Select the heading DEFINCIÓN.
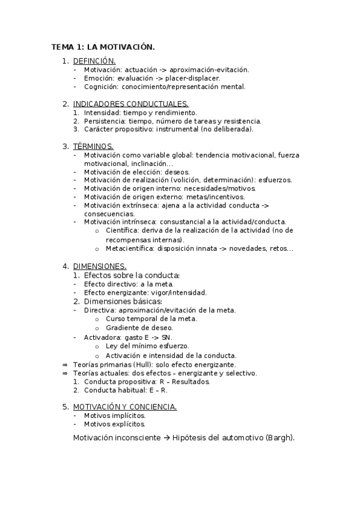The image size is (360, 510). click(x=94, y=61)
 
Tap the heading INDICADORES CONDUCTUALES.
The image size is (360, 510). click(x=130, y=103)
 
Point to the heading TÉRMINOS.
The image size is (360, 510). click(x=93, y=146)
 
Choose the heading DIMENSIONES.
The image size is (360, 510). click(x=99, y=266)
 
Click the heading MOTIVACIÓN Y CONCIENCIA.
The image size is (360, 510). click(x=124, y=407)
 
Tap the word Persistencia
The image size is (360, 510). click(x=103, y=120)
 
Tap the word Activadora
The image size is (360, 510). click(x=102, y=337)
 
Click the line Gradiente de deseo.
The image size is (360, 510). click(x=139, y=328)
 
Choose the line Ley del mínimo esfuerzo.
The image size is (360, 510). click(x=147, y=346)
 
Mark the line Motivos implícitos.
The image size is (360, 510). click(x=115, y=416)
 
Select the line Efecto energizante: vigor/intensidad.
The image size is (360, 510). click(x=145, y=293)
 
